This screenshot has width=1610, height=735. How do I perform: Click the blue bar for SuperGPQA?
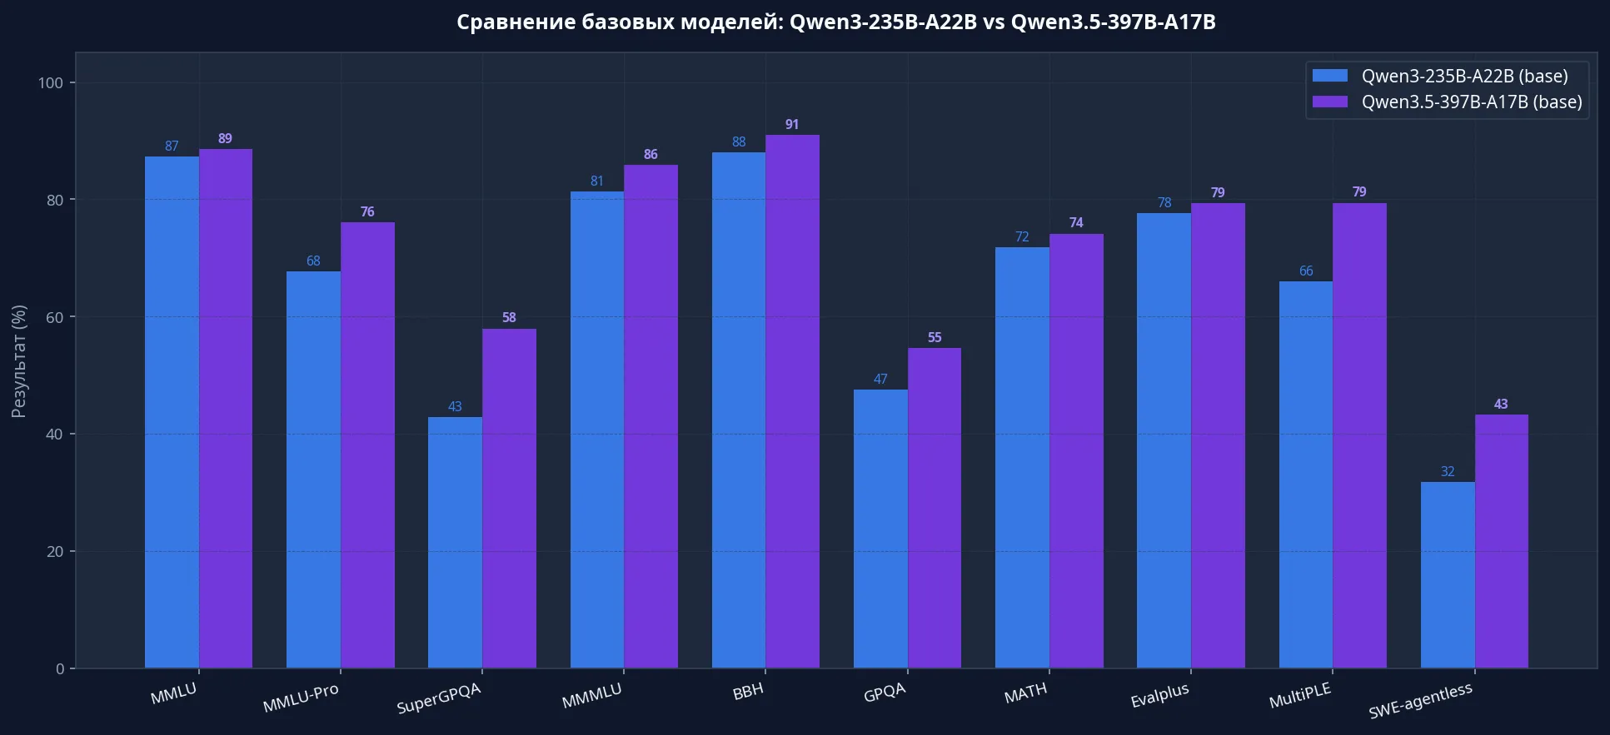pyautogui.click(x=455, y=543)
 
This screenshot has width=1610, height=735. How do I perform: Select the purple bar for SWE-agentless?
pyautogui.click(x=1502, y=541)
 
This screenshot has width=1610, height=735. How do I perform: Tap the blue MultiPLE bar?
pyautogui.click(x=1306, y=474)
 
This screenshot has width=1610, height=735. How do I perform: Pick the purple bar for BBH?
pyautogui.click(x=792, y=401)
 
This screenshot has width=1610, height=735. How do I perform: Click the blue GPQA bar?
pyautogui.click(x=880, y=529)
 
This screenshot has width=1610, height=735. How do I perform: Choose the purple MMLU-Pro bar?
pyautogui.click(x=367, y=445)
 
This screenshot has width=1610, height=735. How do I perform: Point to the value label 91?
pyautogui.click(x=792, y=124)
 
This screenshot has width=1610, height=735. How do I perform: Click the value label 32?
pyautogui.click(x=1448, y=471)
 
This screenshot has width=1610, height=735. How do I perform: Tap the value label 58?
pyautogui.click(x=509, y=317)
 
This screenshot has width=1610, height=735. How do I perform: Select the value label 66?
pyautogui.click(x=1306, y=271)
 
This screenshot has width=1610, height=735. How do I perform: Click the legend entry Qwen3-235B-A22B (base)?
pyautogui.click(x=1441, y=76)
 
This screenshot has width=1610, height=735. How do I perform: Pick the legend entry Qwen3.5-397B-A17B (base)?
pyautogui.click(x=1448, y=102)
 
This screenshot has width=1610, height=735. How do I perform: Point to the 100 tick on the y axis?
pyautogui.click(x=51, y=82)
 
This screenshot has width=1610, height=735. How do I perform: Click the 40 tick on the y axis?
pyautogui.click(x=55, y=434)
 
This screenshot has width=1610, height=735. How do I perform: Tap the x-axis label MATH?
pyautogui.click(x=1025, y=693)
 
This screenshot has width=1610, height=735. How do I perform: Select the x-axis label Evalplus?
pyautogui.click(x=1159, y=695)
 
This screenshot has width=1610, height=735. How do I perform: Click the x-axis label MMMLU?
pyautogui.click(x=591, y=696)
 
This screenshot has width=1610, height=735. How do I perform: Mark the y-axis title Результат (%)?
pyautogui.click(x=19, y=361)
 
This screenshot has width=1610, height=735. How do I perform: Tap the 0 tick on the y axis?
pyautogui.click(x=60, y=668)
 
